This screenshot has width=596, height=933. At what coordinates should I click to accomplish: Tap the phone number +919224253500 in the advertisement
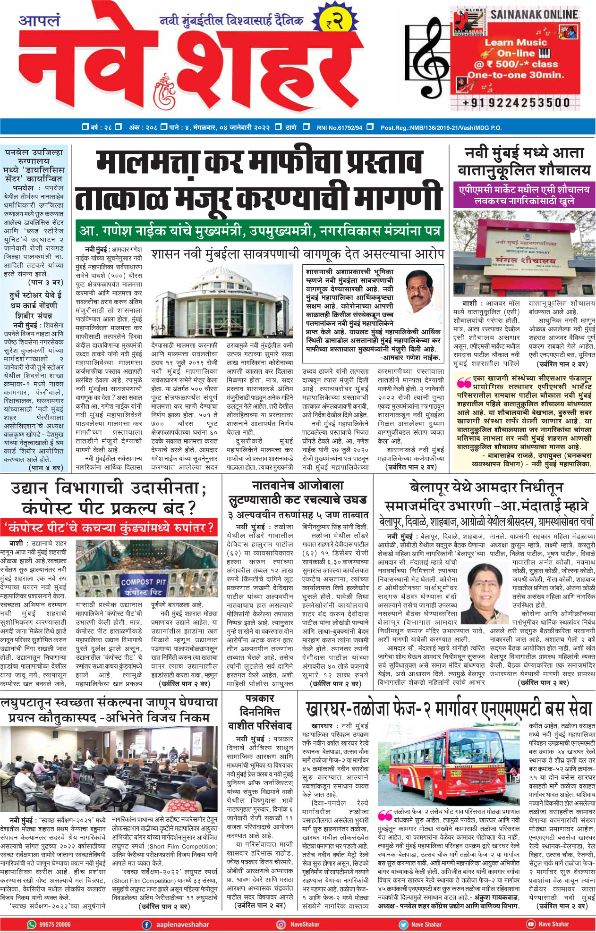click(x=516, y=102)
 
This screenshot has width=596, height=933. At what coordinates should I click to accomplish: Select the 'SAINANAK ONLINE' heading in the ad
click(x=534, y=15)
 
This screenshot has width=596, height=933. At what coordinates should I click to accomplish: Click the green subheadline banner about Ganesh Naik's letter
click(x=260, y=231)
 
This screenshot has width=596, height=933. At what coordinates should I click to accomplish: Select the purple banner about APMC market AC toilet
click(x=524, y=195)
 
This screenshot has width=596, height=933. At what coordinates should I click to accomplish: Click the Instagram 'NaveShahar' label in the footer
click(x=305, y=925)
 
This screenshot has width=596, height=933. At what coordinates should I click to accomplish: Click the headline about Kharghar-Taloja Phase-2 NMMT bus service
click(x=448, y=709)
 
